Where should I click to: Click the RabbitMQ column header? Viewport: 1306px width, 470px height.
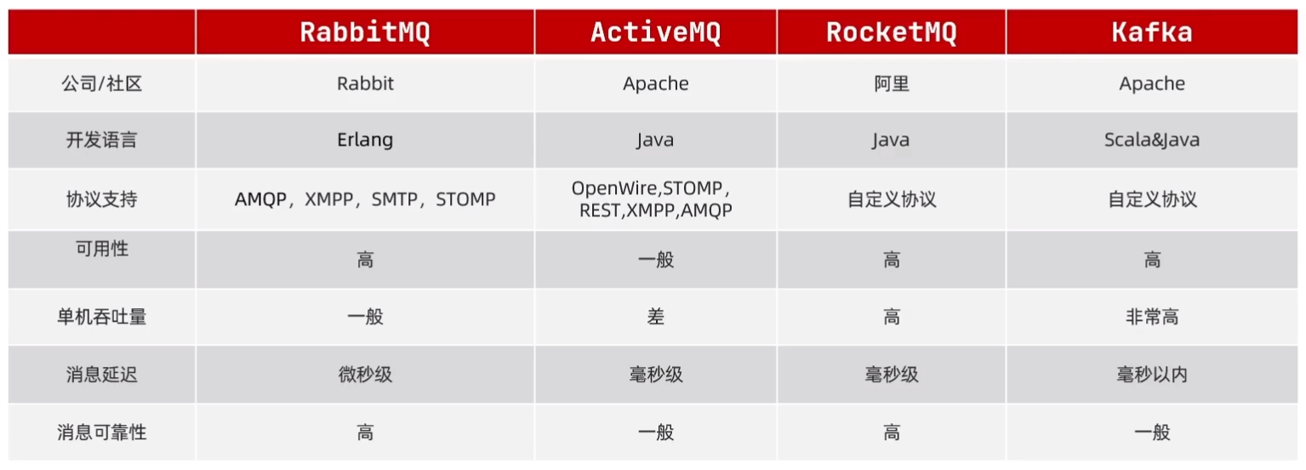point(365,32)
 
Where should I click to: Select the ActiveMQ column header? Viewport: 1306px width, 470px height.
point(655,32)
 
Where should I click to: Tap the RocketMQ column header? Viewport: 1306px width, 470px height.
point(891,32)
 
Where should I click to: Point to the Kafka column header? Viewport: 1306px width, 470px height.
point(1152,32)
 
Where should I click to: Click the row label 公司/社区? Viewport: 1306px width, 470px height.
point(101,83)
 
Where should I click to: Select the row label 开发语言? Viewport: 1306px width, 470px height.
point(101,140)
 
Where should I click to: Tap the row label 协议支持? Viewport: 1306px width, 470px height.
point(101,199)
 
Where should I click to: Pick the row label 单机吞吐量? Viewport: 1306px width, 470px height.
point(101,317)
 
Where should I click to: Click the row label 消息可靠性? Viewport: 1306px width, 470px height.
point(101,433)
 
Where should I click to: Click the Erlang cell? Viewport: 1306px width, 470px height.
point(365,140)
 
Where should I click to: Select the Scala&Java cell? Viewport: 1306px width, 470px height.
point(1152,140)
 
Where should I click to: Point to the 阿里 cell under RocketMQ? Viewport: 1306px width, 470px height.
point(891,83)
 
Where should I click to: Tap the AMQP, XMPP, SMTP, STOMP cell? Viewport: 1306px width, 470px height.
point(365,199)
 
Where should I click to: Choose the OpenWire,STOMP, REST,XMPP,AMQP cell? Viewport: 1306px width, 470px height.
point(655,199)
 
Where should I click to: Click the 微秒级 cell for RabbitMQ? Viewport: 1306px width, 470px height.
point(365,375)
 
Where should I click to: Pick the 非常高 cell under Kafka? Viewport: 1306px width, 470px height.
point(1152,317)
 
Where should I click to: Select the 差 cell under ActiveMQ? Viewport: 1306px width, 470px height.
point(655,317)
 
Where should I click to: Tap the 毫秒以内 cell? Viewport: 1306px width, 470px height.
point(1152,375)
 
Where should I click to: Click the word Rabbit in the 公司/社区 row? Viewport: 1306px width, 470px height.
point(365,83)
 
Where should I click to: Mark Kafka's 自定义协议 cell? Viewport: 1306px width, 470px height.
point(1152,199)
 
